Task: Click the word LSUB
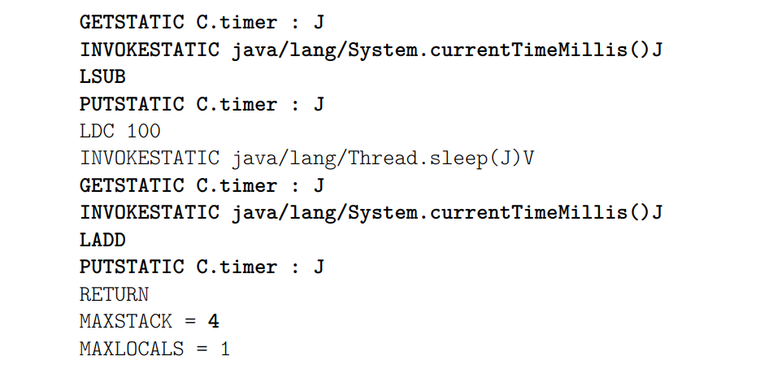(102, 76)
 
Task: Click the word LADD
(102, 240)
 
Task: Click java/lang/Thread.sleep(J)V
(383, 158)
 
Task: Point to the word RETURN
(114, 294)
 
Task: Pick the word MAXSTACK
(125, 321)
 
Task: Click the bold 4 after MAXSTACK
(213, 321)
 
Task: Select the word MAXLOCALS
(131, 349)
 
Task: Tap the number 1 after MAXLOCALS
(225, 349)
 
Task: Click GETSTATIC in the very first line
(131, 22)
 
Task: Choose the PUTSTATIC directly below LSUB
(131, 104)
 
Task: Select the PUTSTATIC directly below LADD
(131, 267)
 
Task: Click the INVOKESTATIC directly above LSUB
(149, 50)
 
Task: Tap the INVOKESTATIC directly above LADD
(149, 213)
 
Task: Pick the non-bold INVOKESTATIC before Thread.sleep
(149, 158)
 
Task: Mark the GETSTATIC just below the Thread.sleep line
(131, 185)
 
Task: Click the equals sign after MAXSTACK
(189, 321)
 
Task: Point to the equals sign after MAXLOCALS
(202, 349)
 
